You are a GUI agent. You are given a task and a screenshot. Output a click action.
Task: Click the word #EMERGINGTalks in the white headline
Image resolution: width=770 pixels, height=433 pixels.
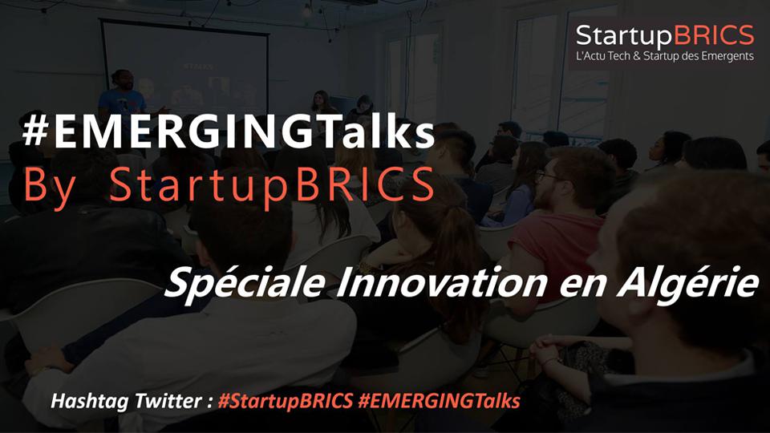(229, 134)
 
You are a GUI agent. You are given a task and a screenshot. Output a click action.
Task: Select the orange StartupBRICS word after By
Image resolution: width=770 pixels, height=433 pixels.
(272, 188)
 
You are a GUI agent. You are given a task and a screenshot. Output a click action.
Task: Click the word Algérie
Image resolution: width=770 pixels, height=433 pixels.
(687, 284)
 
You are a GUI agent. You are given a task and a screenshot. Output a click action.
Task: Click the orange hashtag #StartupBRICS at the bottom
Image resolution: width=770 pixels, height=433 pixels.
(286, 401)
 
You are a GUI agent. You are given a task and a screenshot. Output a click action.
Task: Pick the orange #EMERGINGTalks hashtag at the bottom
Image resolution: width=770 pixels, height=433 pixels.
(439, 401)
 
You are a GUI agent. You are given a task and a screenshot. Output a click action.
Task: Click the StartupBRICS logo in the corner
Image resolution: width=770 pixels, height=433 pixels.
(665, 42)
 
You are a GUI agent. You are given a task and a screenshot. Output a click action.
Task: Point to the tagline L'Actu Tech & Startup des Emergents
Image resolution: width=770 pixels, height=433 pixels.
(665, 56)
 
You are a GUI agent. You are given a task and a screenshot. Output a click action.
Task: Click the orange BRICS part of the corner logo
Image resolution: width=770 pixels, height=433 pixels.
(714, 35)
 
